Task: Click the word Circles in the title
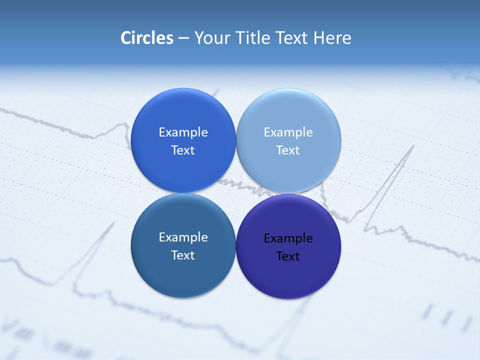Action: (146, 38)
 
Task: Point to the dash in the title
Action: (183, 38)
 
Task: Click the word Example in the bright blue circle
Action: (183, 132)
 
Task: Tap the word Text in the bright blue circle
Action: (183, 150)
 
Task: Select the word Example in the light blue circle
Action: (288, 132)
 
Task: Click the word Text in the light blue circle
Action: (288, 150)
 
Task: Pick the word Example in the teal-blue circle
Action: (183, 237)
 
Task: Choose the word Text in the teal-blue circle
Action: (183, 255)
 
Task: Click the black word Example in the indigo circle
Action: (288, 238)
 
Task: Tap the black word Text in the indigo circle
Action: (288, 256)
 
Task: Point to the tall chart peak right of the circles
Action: (413, 147)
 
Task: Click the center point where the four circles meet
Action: (235, 193)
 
